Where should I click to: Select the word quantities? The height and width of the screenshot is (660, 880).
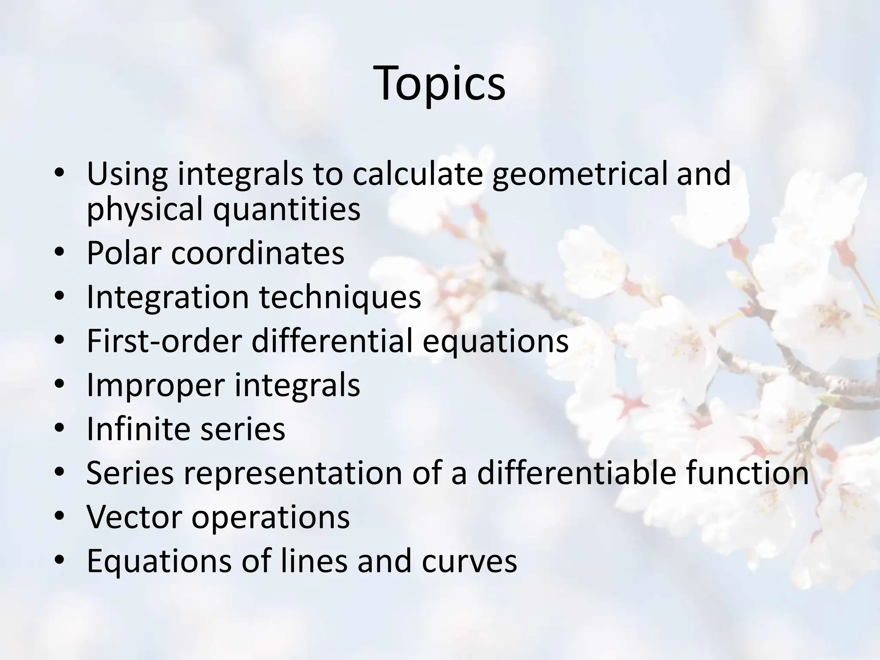(287, 209)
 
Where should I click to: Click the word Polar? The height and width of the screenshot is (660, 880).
(125, 253)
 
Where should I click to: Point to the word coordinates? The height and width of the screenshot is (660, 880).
(258, 253)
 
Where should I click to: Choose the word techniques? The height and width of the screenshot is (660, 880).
(339, 297)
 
